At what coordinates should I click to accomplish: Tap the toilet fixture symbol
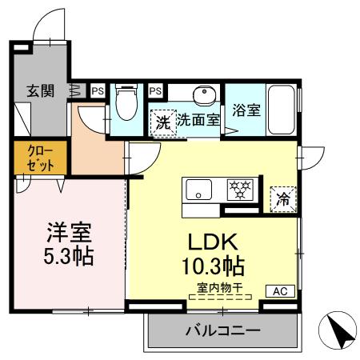[126, 102]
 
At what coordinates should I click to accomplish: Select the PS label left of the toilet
[97, 91]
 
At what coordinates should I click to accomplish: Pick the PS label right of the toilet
[155, 91]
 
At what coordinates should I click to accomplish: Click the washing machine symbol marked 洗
[162, 123]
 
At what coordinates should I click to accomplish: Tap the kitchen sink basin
[198, 190]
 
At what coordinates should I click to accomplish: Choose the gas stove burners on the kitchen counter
[238, 190]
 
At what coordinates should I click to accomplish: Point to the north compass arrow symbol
[337, 328]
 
